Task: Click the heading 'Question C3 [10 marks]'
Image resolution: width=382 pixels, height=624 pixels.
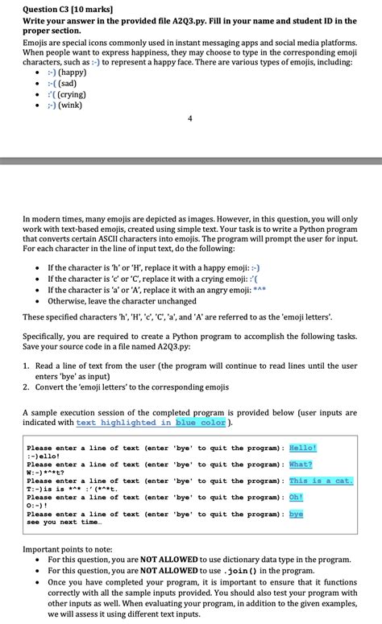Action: (67, 9)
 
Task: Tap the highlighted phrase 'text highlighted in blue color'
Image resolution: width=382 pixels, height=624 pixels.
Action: (151, 422)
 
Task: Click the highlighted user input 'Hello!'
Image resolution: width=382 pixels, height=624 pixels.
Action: (303, 448)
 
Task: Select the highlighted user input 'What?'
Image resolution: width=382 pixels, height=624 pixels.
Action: (301, 464)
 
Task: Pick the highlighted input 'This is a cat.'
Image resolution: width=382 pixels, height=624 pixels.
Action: (320, 481)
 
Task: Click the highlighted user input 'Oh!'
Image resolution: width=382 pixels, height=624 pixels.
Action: (296, 497)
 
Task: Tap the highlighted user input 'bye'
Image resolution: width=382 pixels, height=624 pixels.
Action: (296, 514)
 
